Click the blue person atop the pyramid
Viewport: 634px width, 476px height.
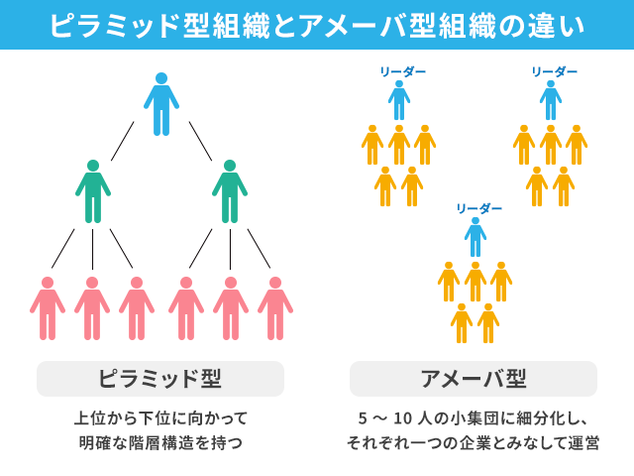pos(161,104)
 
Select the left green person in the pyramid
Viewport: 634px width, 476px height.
pos(93,191)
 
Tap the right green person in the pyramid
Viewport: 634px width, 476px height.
pos(230,191)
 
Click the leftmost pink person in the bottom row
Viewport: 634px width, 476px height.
pos(48,308)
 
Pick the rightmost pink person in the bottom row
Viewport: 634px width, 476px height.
pos(275,308)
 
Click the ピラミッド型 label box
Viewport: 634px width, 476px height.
pos(160,379)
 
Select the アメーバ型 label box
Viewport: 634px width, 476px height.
pos(474,379)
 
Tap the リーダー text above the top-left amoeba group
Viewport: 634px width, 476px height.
pos(402,71)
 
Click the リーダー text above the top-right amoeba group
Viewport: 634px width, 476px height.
pos(554,71)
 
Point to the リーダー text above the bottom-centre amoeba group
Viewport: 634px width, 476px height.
pos(478,208)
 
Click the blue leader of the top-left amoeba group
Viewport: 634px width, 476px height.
pos(399,100)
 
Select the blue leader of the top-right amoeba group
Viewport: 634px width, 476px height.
pos(551,100)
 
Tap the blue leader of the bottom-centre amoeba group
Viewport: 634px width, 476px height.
pos(475,237)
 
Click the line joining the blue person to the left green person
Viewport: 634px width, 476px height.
pos(123,141)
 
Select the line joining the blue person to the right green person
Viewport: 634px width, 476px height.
pos(200,141)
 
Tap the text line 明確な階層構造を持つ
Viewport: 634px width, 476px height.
pos(160,443)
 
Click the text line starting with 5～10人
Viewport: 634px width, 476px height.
pos(473,417)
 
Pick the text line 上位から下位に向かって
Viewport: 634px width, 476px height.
pos(160,417)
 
